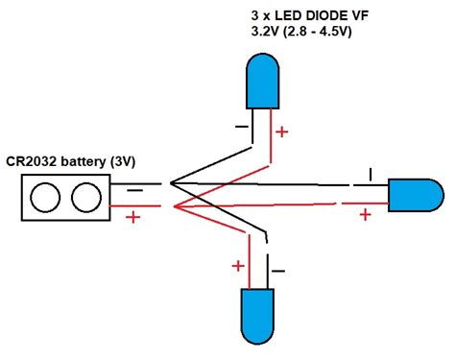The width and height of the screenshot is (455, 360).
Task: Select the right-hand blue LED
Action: tap(414, 195)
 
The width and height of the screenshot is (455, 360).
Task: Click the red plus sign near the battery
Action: tap(132, 217)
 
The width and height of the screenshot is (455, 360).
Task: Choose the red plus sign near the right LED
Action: tap(365, 213)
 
